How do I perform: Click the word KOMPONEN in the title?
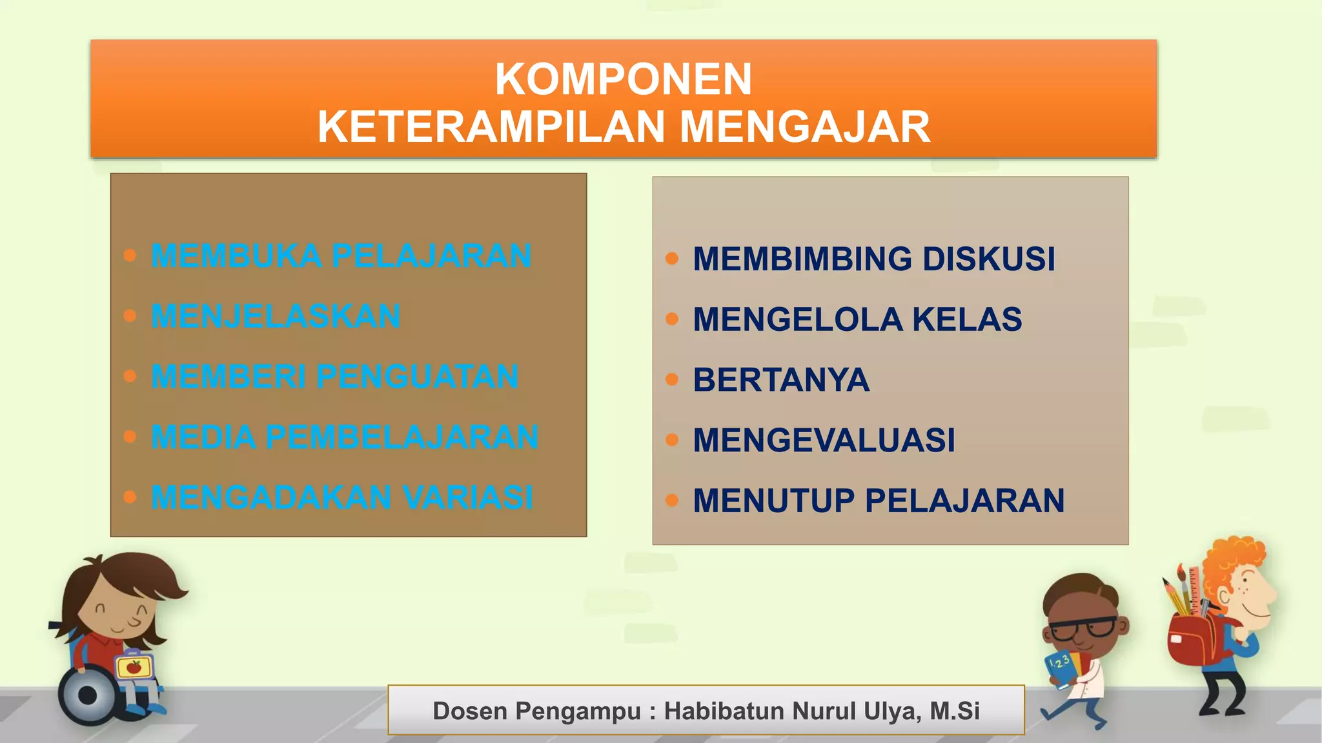coord(623,79)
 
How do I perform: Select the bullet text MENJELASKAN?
coord(276,316)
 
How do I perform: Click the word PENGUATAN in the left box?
coord(418,377)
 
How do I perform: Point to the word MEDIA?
coord(203,437)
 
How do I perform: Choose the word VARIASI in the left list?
coord(468,497)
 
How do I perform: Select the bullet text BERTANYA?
coord(781,380)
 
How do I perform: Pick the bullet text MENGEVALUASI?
coord(824,441)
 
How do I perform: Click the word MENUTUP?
coord(773,501)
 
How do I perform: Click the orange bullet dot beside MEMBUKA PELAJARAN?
coord(130,255)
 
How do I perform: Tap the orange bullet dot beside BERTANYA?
coord(672,379)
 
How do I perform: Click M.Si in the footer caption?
coord(955,711)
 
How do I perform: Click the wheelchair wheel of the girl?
coord(87,695)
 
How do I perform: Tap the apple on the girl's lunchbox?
coord(134,667)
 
